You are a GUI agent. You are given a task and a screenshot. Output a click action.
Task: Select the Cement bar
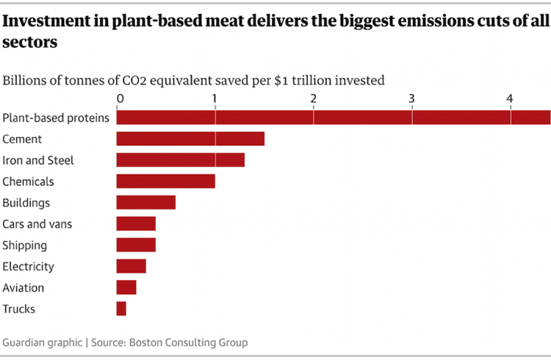tap(190, 139)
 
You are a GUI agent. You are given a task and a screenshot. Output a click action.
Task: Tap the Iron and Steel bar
tap(180, 160)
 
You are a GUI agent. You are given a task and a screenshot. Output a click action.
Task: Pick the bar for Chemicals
tap(165, 181)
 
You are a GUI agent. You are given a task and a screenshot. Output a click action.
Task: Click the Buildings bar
tap(145, 203)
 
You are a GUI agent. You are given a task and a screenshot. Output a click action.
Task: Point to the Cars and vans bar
tap(136, 224)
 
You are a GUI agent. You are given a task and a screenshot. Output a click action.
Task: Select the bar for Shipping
tap(136, 245)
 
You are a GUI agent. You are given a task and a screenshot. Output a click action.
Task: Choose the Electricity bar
tap(131, 266)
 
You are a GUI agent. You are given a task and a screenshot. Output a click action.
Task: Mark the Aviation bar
tap(126, 287)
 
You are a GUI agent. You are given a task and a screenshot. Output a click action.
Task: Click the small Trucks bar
tap(121, 309)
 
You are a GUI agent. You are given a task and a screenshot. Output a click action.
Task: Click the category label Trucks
tap(19, 309)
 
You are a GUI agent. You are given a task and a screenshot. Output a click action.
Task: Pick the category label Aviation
tap(24, 288)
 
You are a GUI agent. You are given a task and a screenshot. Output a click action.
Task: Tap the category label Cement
tap(23, 139)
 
